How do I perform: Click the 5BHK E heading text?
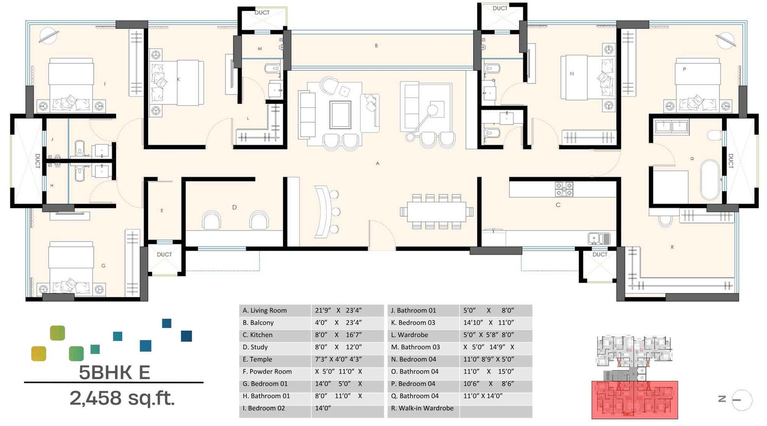(x=114, y=372)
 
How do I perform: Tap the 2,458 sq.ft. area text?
(x=122, y=398)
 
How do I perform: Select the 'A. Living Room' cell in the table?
(x=265, y=311)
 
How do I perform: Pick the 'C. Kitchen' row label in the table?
(x=257, y=335)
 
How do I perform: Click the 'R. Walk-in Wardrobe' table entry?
(x=422, y=408)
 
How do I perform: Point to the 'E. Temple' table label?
(x=257, y=359)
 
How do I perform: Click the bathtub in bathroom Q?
(x=710, y=180)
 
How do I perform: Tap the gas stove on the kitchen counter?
(x=564, y=189)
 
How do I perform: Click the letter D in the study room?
(x=234, y=207)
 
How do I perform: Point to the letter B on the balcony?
(x=376, y=46)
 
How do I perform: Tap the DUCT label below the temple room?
(x=164, y=254)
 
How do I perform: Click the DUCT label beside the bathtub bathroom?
(x=731, y=161)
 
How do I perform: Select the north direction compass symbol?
(x=742, y=400)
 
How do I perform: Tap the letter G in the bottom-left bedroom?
(x=104, y=265)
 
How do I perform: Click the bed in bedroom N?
(x=588, y=78)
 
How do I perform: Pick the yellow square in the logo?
(x=38, y=354)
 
